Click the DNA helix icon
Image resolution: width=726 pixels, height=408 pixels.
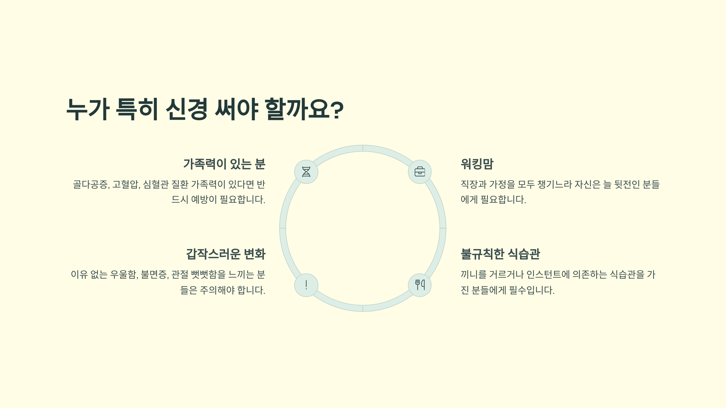pyautogui.click(x=306, y=172)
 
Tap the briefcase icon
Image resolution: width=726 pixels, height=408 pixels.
pyautogui.click(x=420, y=172)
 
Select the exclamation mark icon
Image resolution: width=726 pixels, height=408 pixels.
pyautogui.click(x=306, y=285)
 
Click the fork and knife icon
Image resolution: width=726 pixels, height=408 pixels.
pyautogui.click(x=420, y=285)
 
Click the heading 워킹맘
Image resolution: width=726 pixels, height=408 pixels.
pyautogui.click(x=477, y=164)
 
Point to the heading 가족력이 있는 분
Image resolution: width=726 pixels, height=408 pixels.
pyautogui.click(x=224, y=164)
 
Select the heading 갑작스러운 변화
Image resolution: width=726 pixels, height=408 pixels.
pyautogui.click(x=226, y=254)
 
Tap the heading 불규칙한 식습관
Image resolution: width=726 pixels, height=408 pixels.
pyautogui.click(x=500, y=254)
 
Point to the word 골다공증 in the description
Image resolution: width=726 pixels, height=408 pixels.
pyautogui.click(x=91, y=184)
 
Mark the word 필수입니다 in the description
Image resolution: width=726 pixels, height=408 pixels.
pyautogui.click(x=531, y=290)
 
